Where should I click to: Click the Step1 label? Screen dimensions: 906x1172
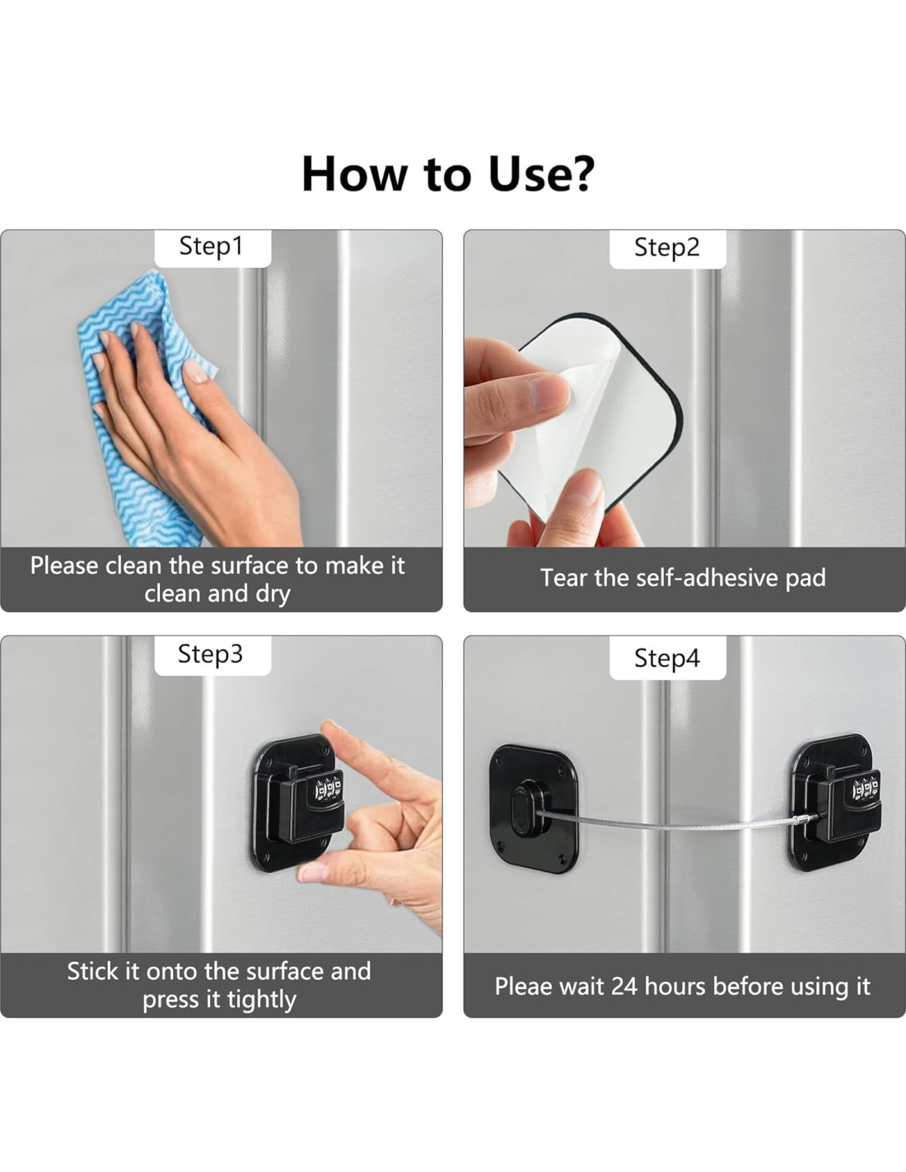tap(212, 246)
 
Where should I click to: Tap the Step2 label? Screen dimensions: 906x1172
tap(666, 247)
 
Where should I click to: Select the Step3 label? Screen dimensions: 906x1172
tap(210, 654)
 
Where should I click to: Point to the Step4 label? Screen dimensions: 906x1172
tap(666, 658)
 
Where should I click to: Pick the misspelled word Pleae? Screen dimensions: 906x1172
tap(523, 986)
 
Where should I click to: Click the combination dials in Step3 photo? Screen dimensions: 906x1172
tap(328, 790)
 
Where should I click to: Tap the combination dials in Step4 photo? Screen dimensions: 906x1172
tap(866, 790)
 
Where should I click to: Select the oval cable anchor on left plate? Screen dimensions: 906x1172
tap(520, 808)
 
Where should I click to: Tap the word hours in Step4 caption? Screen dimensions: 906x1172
tap(675, 986)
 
